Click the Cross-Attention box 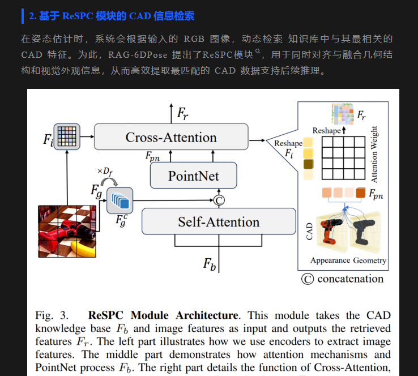171,137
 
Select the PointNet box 193,176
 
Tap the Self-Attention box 219,221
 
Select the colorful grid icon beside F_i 67,136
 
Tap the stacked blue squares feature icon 120,200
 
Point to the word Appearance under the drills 331,260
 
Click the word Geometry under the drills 370,260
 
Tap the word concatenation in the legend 350,279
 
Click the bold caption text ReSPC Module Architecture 164,315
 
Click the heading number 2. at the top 33,16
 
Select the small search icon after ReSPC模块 258,53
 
